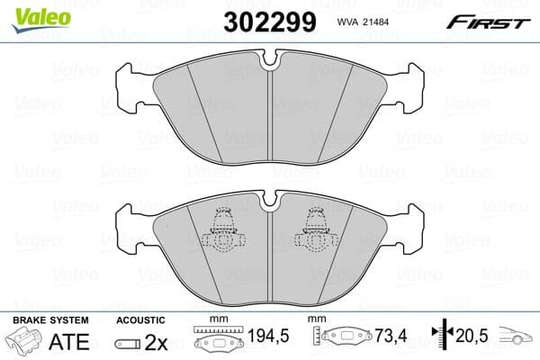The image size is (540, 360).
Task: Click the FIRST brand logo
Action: pyautogui.click(x=490, y=21)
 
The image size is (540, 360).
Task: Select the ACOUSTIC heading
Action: pyautogui.click(x=141, y=319)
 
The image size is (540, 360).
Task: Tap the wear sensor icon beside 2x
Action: pyautogui.click(x=130, y=342)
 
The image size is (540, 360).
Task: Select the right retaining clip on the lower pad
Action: pyautogui.click(x=316, y=229)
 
